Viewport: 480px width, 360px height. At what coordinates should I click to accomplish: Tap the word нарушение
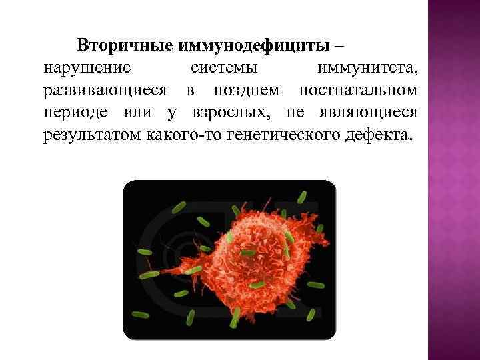coord(88,68)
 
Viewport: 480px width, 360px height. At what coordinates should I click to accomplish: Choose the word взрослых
coord(227,112)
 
